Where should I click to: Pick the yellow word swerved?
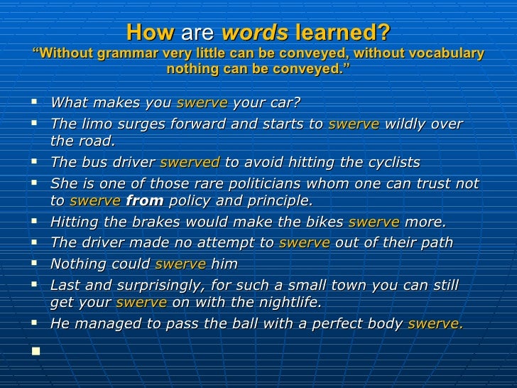pyautogui.click(x=190, y=163)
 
